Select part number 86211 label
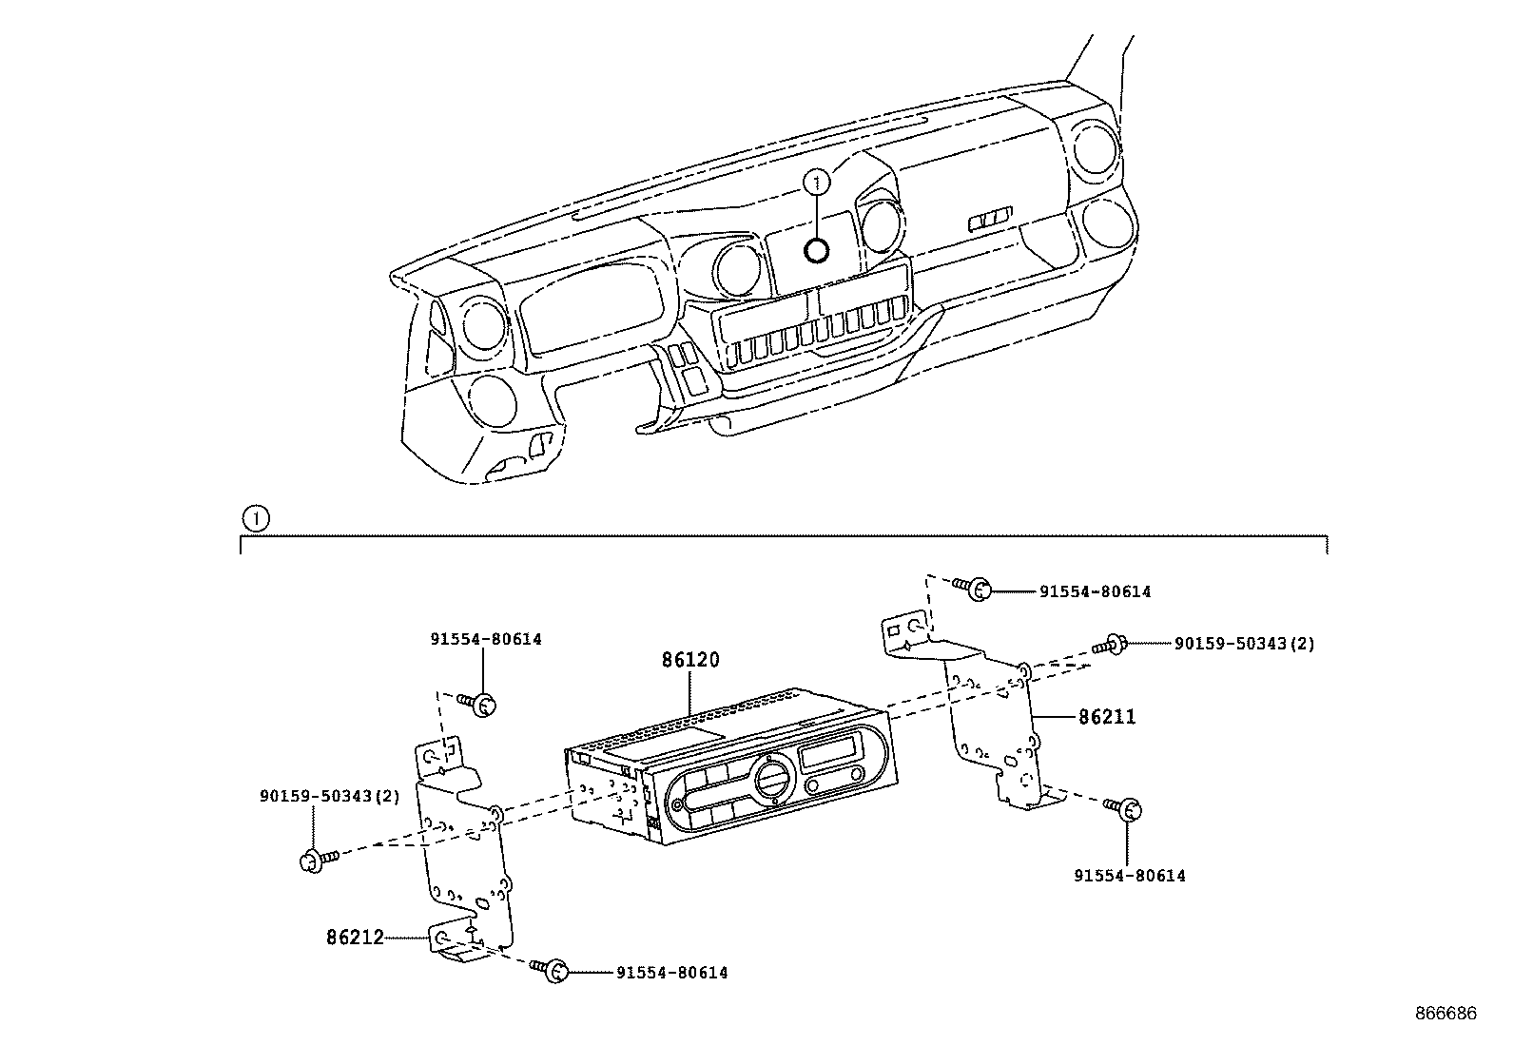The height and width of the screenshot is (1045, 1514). (1106, 717)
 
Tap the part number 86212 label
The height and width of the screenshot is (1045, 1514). (355, 938)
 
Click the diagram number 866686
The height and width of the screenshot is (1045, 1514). (1445, 1015)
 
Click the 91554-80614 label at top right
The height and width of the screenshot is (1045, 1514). (1095, 591)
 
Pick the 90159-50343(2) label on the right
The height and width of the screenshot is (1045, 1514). (1244, 644)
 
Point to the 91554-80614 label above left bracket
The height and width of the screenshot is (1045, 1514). (485, 639)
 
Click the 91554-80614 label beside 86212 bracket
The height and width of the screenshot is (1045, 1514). (671, 973)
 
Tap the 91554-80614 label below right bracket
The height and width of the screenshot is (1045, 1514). (1130, 876)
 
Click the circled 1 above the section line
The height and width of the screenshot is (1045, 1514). (256, 519)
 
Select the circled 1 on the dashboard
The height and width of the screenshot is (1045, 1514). (816, 181)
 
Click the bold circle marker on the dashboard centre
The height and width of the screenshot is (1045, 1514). (816, 250)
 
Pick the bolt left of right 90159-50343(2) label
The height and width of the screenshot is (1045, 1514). (1111, 645)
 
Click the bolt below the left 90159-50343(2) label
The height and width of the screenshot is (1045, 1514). (316, 861)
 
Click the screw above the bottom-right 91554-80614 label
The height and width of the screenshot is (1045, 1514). (1124, 808)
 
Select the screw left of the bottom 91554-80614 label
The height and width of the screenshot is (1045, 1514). (553, 971)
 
